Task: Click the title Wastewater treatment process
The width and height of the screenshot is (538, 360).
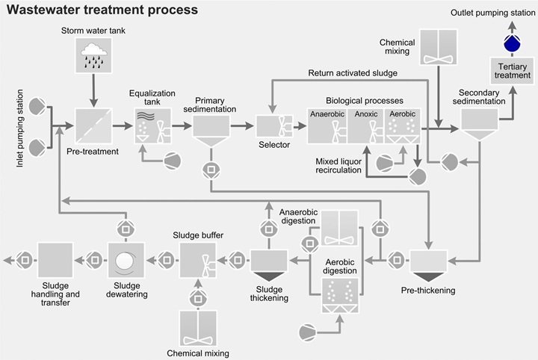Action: (102, 10)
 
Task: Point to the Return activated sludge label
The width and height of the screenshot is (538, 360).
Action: (353, 72)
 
